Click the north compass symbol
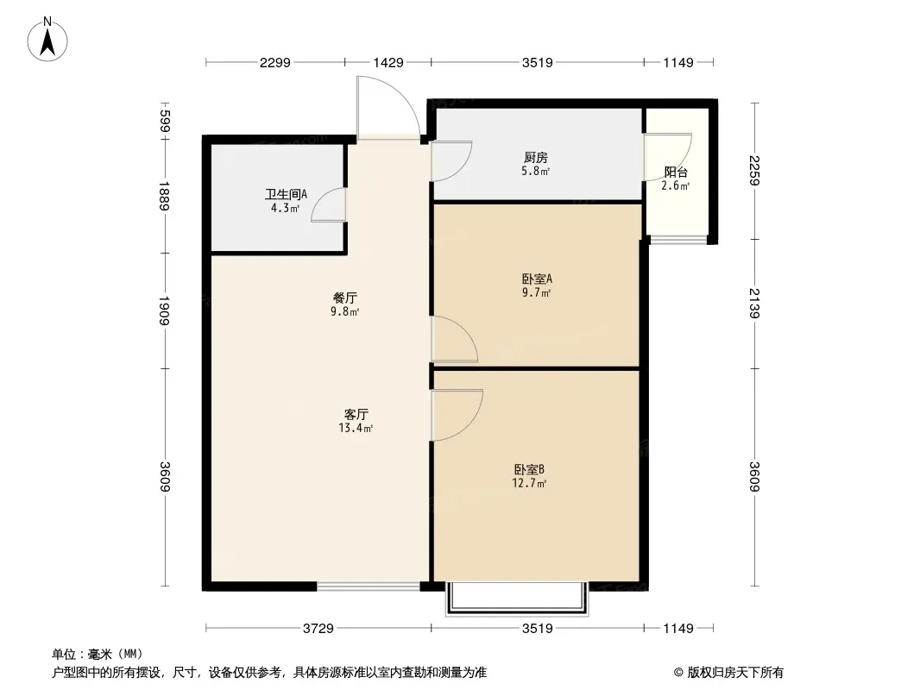[x=47, y=40]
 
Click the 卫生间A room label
[x=286, y=194]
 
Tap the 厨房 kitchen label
[x=535, y=158]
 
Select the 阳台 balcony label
[x=676, y=172]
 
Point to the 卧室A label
[x=537, y=279]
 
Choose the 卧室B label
[x=529, y=469]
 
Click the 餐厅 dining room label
[x=344, y=298]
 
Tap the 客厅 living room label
[x=356, y=415]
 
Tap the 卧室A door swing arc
[x=466, y=331]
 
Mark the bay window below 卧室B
[x=517, y=599]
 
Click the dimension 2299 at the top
[x=275, y=62]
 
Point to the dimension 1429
[x=388, y=62]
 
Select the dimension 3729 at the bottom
[x=318, y=629]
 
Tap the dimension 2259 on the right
[x=754, y=171]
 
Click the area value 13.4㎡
[x=356, y=428]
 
